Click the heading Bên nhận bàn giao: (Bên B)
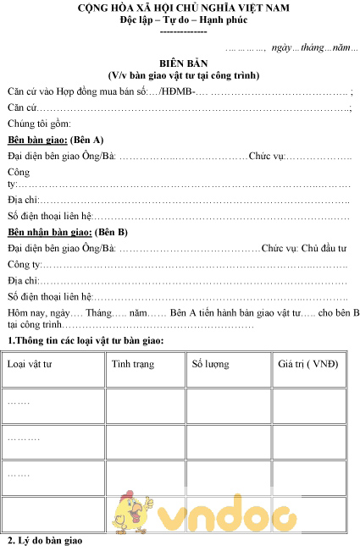click(x=68, y=231)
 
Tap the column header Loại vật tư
click(x=30, y=364)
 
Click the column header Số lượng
click(x=210, y=364)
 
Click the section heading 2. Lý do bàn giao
click(x=46, y=540)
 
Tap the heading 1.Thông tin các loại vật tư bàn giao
click(x=86, y=340)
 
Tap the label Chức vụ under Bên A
click(x=266, y=156)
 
